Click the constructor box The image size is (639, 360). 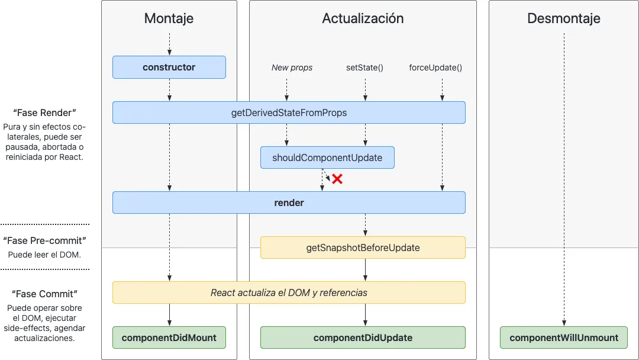[169, 67]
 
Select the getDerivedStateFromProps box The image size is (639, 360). [289, 112]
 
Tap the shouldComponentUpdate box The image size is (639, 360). [327, 157]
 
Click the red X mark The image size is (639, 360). [337, 179]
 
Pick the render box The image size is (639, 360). [289, 202]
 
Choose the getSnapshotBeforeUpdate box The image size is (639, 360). [363, 247]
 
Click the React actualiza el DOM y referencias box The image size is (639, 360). [289, 292]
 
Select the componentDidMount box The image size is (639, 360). [169, 337]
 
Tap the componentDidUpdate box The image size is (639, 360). [363, 337]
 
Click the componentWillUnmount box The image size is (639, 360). [564, 337]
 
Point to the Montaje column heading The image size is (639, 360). [169, 18]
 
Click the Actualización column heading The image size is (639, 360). [363, 18]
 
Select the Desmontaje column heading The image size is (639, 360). [564, 18]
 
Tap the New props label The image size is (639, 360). [292, 67]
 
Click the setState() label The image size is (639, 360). [364, 67]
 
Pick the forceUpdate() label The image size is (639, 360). [435, 67]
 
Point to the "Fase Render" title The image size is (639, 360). [44, 112]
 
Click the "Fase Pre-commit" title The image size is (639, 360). [44, 241]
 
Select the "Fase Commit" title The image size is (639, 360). [44, 294]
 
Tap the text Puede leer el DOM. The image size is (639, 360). [44, 255]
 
